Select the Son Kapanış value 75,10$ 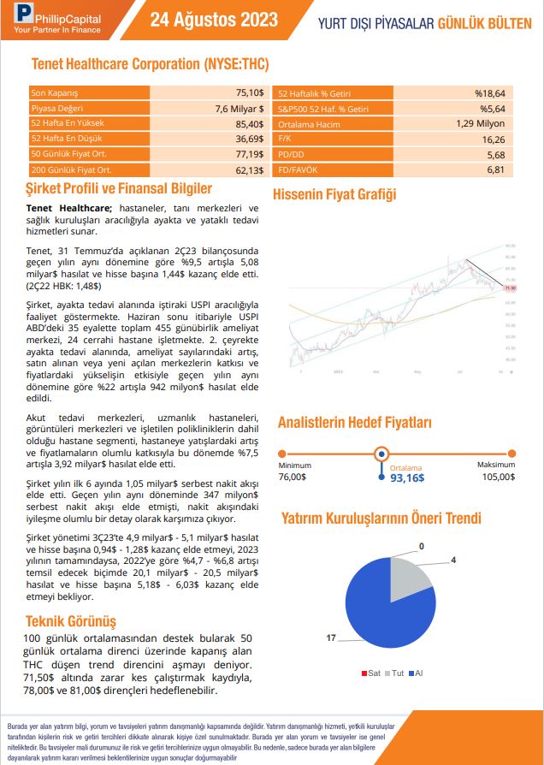point(250,92)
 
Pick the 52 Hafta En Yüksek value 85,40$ point(250,123)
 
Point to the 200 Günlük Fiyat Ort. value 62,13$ point(250,170)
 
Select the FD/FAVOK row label point(301,170)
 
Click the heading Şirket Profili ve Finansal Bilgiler point(119,188)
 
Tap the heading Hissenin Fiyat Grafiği point(334,194)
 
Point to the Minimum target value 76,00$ point(293,476)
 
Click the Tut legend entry point(396,673)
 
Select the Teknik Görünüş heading point(71,620)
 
